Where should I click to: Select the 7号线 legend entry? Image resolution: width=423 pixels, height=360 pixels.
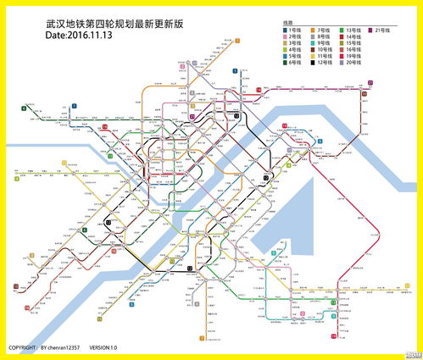[325, 30]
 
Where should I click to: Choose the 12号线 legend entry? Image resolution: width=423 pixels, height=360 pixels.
[325, 63]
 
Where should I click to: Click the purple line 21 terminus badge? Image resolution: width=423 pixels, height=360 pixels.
[370, 82]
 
